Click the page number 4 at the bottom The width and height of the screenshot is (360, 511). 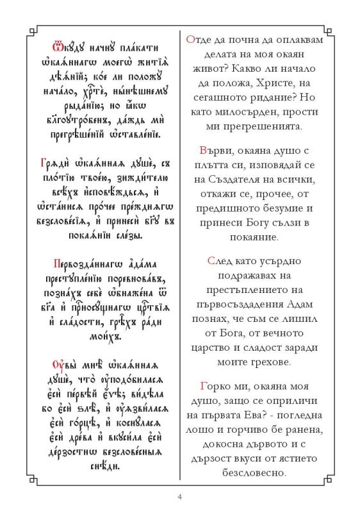pos(180,495)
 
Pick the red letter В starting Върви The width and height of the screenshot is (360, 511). pos(204,151)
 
